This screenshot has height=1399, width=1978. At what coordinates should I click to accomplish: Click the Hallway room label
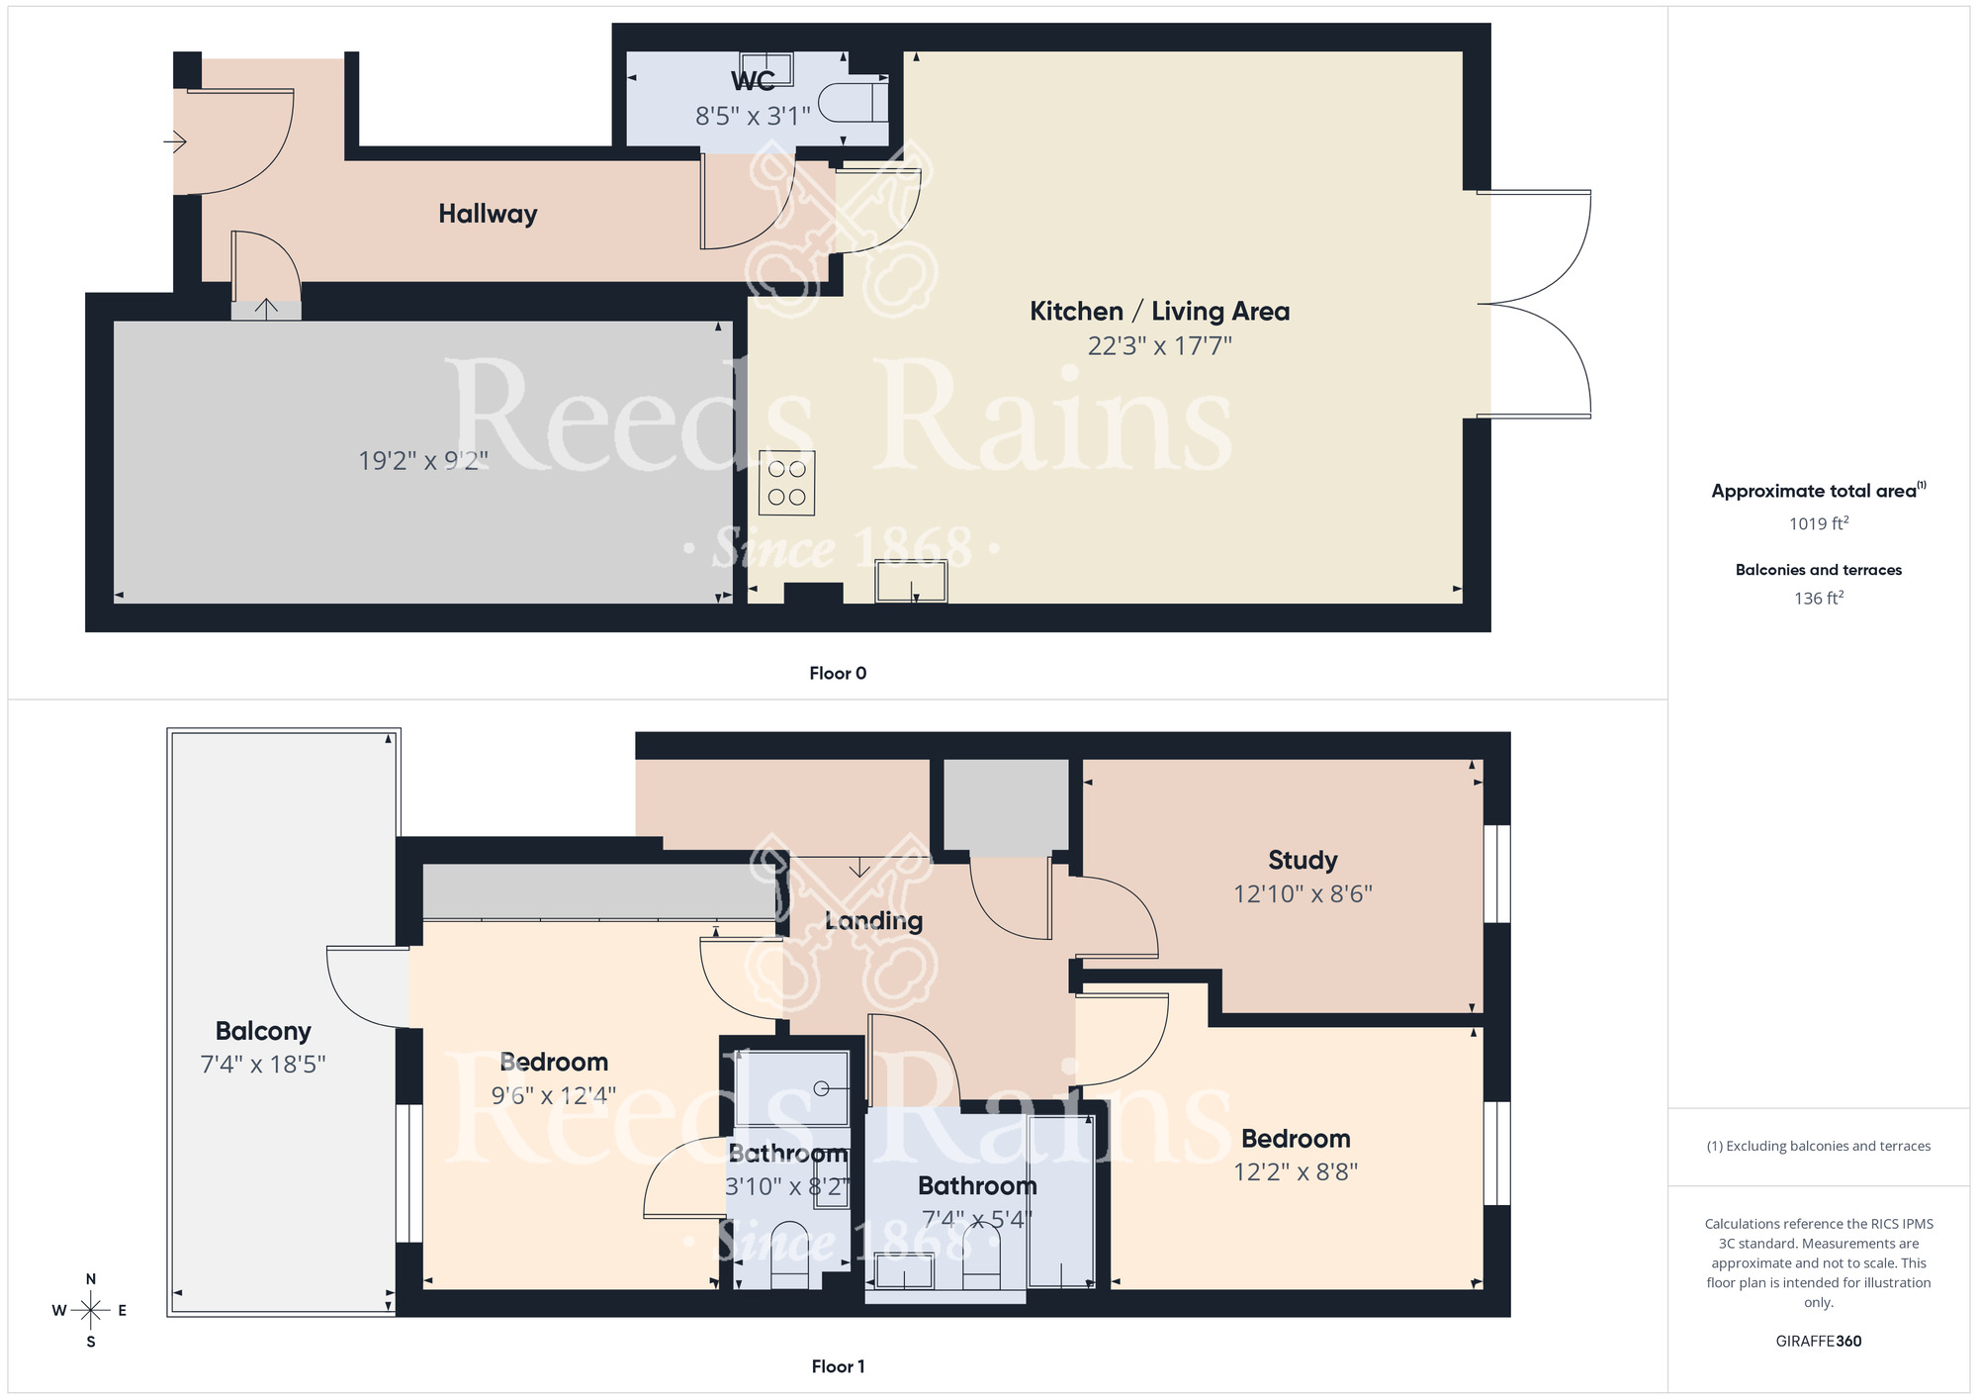tap(488, 214)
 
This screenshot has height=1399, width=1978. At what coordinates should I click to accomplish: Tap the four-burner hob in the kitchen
tap(786, 483)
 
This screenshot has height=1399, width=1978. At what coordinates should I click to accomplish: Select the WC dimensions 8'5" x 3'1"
tap(753, 117)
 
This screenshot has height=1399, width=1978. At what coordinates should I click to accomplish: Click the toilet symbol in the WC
tap(855, 102)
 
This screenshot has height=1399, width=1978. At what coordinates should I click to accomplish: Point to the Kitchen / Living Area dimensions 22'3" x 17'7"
tap(1159, 346)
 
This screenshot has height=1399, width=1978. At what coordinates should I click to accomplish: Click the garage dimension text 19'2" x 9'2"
tap(423, 461)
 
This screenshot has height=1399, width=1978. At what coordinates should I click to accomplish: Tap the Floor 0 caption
tap(838, 674)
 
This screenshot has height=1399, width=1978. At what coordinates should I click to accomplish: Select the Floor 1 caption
tap(838, 1366)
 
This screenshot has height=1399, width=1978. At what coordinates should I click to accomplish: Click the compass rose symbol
tap(90, 1311)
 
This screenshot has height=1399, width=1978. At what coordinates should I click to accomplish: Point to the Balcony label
tap(263, 1031)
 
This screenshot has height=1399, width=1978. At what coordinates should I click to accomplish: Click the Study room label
tap(1303, 860)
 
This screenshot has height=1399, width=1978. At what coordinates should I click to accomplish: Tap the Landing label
tap(873, 921)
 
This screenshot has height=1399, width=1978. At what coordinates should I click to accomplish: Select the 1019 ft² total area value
tap(1818, 523)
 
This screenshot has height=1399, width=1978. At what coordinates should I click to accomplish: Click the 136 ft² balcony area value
tap(1818, 598)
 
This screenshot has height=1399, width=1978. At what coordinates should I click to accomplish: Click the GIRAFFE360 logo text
tap(1818, 1342)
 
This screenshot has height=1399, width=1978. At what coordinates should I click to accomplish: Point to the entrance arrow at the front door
tap(175, 142)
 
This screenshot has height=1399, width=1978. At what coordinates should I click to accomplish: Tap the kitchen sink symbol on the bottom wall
tap(911, 582)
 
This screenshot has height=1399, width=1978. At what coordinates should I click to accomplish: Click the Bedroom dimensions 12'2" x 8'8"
tap(1295, 1172)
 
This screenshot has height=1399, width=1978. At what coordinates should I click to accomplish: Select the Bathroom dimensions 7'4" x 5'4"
tap(976, 1219)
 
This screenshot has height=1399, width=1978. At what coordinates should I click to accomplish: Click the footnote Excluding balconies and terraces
tap(1818, 1147)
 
